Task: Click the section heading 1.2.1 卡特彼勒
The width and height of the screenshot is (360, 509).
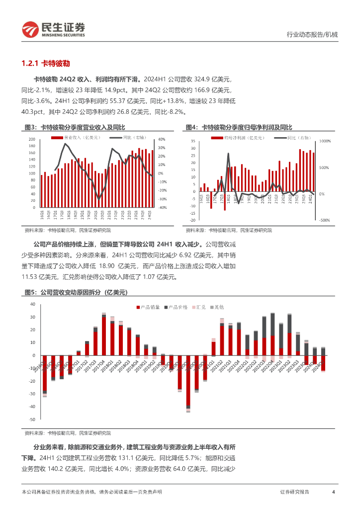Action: [x=46, y=64]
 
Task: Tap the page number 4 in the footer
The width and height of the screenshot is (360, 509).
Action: [x=333, y=492]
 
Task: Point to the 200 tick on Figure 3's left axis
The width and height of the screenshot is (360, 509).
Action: [x=32, y=139]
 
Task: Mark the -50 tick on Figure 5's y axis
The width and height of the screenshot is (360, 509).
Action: [x=32, y=420]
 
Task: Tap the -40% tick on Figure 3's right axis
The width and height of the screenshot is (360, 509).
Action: [x=162, y=207]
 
